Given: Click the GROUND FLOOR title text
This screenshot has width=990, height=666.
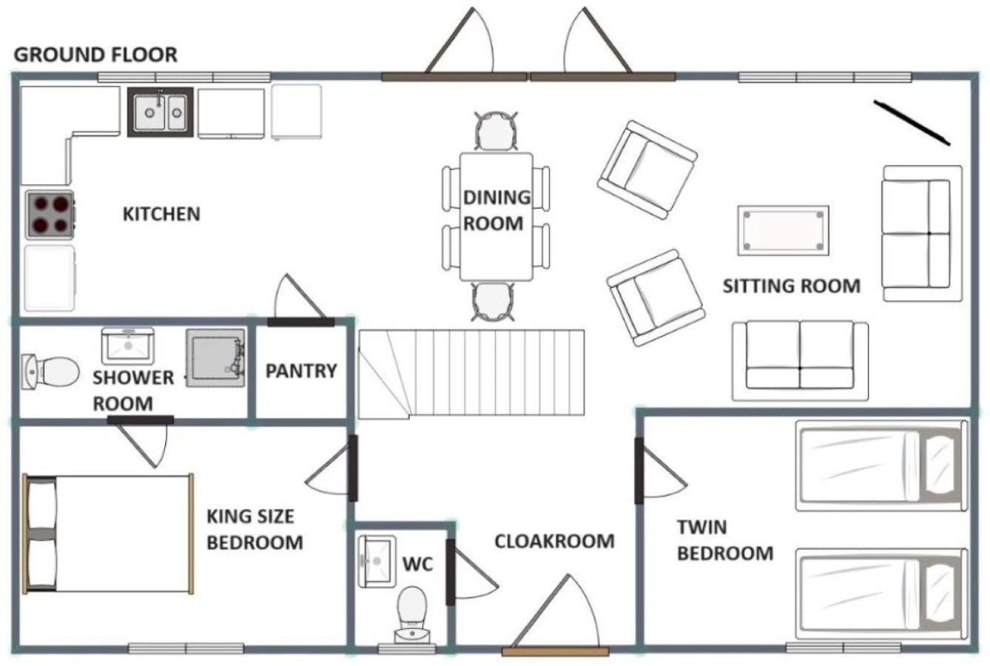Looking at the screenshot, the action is tap(95, 55).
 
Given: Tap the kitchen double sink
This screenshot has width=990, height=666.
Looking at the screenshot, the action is tap(160, 112).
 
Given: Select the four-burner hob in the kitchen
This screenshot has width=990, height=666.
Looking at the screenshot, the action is tap(50, 215).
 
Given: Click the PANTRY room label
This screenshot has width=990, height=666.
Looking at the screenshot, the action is tap(301, 371).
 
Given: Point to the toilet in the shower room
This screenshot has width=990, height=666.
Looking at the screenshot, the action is tap(50, 371).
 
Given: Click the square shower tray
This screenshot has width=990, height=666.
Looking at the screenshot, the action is tap(215, 358).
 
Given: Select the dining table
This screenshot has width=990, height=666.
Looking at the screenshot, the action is tap(496, 217).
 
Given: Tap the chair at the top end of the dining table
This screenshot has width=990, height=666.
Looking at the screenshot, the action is tap(496, 131).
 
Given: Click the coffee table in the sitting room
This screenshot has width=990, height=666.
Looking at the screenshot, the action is tap(783, 230).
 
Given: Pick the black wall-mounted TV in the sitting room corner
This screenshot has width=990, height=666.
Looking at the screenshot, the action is tap(912, 123).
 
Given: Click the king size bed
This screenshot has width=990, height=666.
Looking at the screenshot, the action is tap(108, 534).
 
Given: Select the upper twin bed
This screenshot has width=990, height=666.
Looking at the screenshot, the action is tap(881, 465).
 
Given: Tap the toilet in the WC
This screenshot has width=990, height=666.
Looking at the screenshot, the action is tap(412, 615).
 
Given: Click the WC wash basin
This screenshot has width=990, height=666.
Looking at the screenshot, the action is tap(377, 561).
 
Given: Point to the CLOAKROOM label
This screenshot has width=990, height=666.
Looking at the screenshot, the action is tap(554, 541).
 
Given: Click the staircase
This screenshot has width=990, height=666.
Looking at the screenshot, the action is tap(471, 374).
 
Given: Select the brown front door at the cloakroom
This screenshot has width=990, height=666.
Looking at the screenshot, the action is tap(556, 651).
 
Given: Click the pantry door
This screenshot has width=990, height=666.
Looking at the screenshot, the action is tap(300, 322).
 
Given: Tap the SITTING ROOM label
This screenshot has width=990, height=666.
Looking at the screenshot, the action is tap(792, 286).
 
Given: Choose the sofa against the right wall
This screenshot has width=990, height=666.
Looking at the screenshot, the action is tap(923, 233).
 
